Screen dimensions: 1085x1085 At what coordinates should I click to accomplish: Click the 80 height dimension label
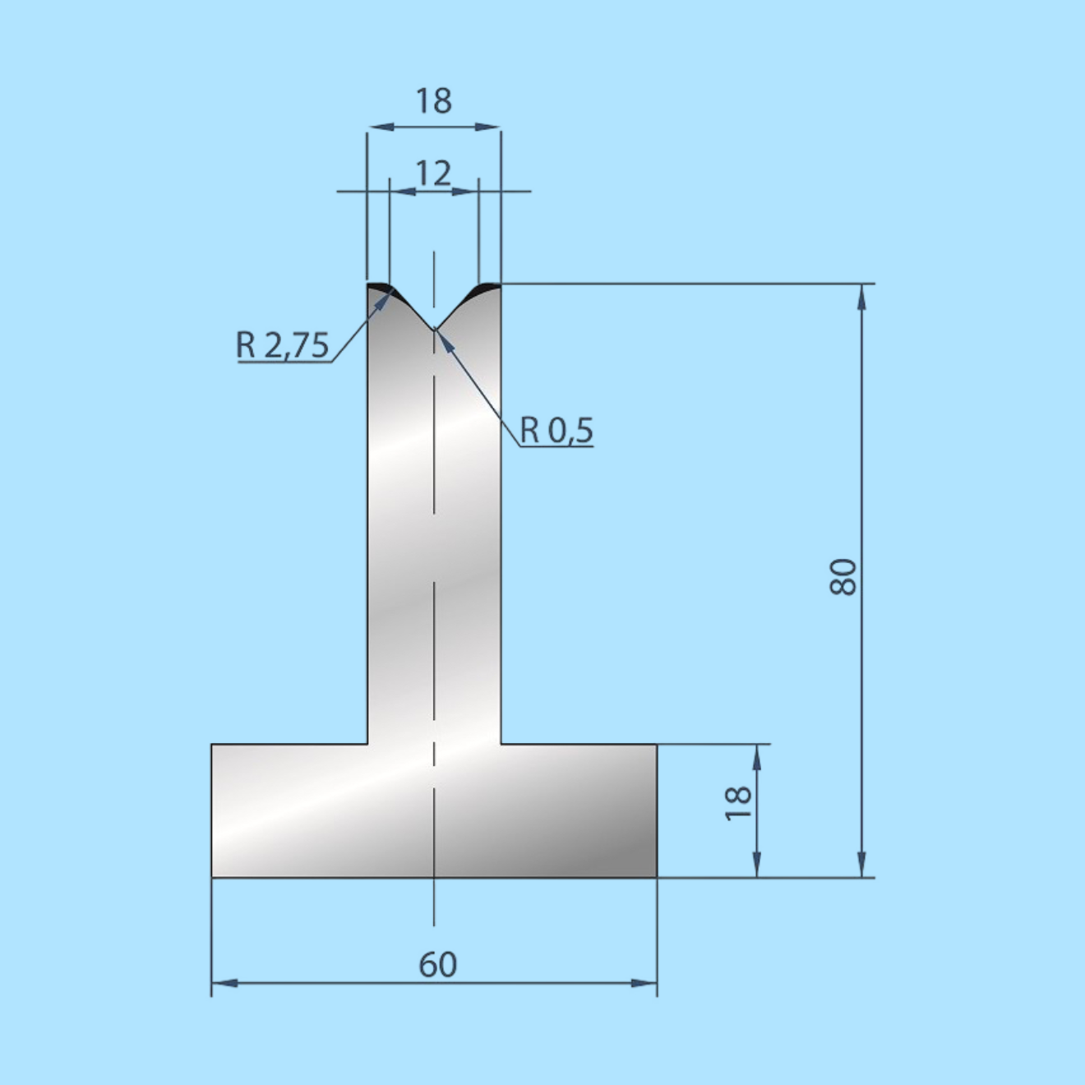click(843, 577)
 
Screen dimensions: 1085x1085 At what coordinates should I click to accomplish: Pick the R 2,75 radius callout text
click(282, 344)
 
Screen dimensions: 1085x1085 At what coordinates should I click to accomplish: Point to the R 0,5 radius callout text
click(556, 430)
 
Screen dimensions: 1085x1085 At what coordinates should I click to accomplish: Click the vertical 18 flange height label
click(738, 803)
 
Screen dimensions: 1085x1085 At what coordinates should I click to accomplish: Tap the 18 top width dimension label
click(433, 101)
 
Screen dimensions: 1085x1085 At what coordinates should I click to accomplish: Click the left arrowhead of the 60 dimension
click(224, 983)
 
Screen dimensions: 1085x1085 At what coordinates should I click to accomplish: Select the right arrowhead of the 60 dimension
click(644, 983)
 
